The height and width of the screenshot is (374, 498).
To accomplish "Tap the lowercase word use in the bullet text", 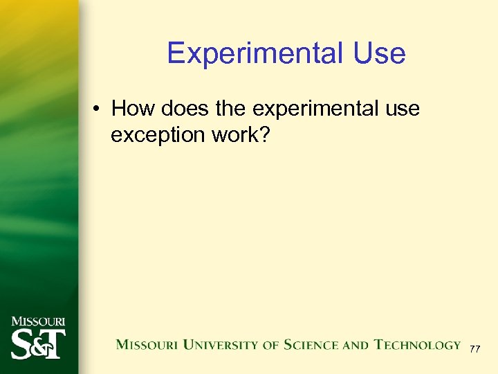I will click(402, 109).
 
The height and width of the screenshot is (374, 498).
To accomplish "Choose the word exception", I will click(155, 134).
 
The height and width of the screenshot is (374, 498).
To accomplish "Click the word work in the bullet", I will click(232, 134).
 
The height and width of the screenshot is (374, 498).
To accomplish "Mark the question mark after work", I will click(264, 134).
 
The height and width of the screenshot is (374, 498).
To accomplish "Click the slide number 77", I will click(474, 350).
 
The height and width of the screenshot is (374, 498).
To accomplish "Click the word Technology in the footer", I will click(418, 344).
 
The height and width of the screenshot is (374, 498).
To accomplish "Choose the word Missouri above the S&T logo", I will click(38, 321).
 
